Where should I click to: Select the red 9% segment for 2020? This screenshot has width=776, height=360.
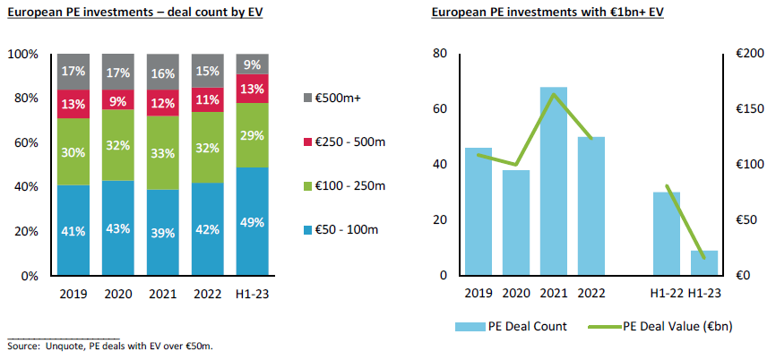click(x=117, y=99)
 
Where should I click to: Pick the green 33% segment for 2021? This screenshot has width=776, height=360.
click(x=163, y=153)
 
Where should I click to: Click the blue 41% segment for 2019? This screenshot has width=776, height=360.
click(x=73, y=231)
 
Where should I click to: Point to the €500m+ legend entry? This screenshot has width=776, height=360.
click(x=338, y=97)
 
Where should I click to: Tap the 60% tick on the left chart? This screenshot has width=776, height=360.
click(x=23, y=142)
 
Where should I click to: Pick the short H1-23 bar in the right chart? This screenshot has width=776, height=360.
click(x=703, y=262)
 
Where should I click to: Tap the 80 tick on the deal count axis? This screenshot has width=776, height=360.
click(x=439, y=54)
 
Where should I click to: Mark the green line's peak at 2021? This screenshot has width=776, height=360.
click(x=554, y=94)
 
